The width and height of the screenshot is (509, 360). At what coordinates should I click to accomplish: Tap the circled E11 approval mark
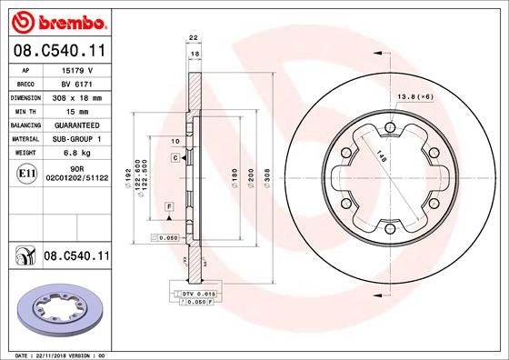pyautogui.click(x=27, y=172)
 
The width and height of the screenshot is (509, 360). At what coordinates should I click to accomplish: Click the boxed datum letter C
pyautogui.click(x=174, y=158)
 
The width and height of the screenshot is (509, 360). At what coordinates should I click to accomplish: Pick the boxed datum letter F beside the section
pyautogui.click(x=168, y=208)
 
